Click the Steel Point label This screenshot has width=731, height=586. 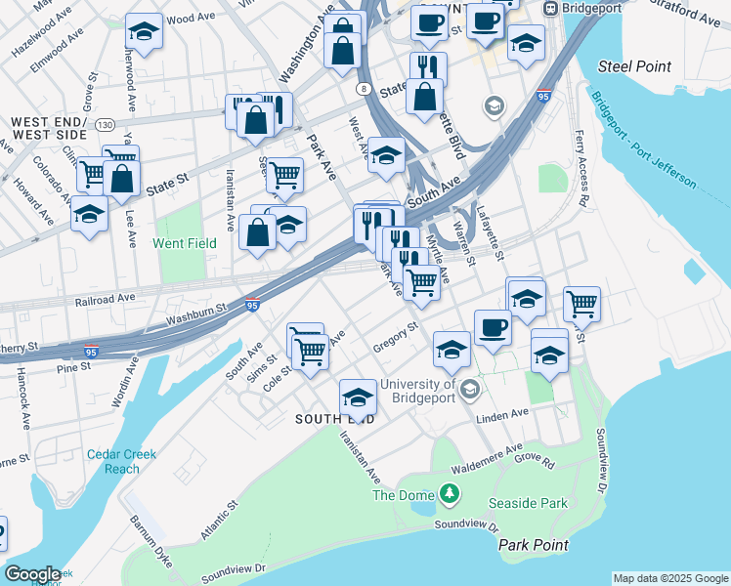pyautogui.click(x=635, y=66)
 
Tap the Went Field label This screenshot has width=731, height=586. pyautogui.click(x=184, y=242)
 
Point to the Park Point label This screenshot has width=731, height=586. pyautogui.click(x=532, y=544)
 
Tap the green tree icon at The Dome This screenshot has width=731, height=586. pyautogui.click(x=450, y=494)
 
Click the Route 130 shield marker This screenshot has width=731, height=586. pyautogui.click(x=105, y=124)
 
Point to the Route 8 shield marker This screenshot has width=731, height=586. pyautogui.click(x=364, y=89)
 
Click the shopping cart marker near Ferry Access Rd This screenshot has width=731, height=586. pyautogui.click(x=581, y=304)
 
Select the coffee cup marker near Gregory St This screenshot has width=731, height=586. pyautogui.click(x=493, y=327)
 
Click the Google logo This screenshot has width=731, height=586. pyautogui.click(x=32, y=574)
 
